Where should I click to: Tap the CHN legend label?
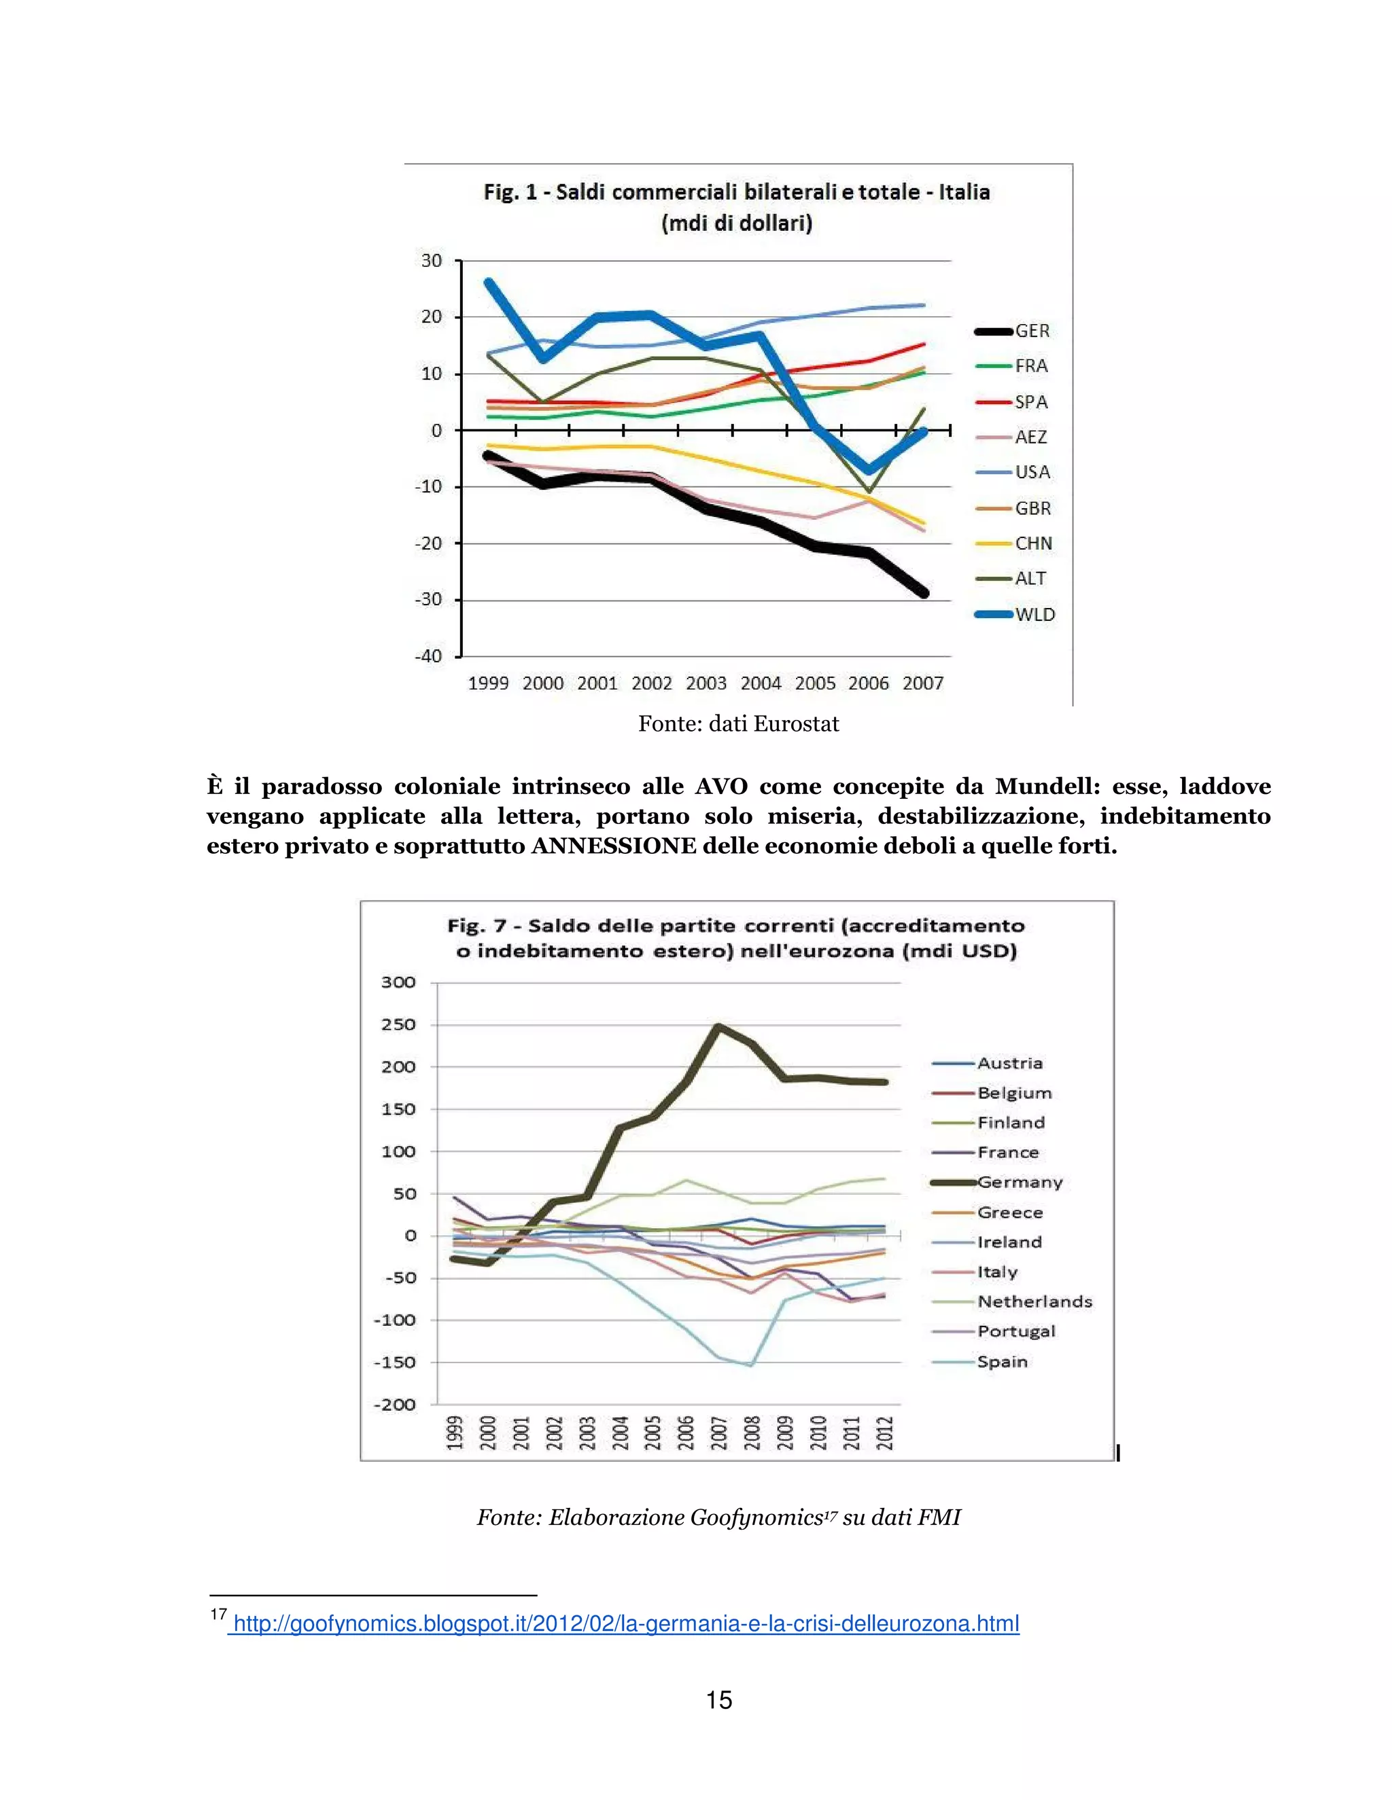pos(1033,543)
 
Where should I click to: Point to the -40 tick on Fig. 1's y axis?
pos(429,656)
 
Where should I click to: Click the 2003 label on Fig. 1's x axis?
pos(706,683)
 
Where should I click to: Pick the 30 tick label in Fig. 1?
pos(432,260)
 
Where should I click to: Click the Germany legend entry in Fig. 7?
pos(1020,1182)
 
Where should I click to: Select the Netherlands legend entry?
pos(1034,1301)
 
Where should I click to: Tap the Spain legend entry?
pos(1002,1361)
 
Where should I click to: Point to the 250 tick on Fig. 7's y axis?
pos(398,1024)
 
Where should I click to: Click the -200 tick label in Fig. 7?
pos(395,1405)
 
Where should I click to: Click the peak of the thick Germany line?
pos(718,1026)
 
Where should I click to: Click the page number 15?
pos(719,1700)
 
